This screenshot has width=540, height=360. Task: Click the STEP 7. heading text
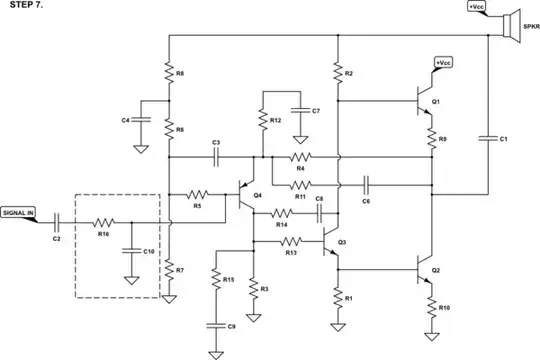coord(24,8)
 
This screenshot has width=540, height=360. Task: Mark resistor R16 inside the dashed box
coord(103,224)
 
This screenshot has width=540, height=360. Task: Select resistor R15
coord(214,282)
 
